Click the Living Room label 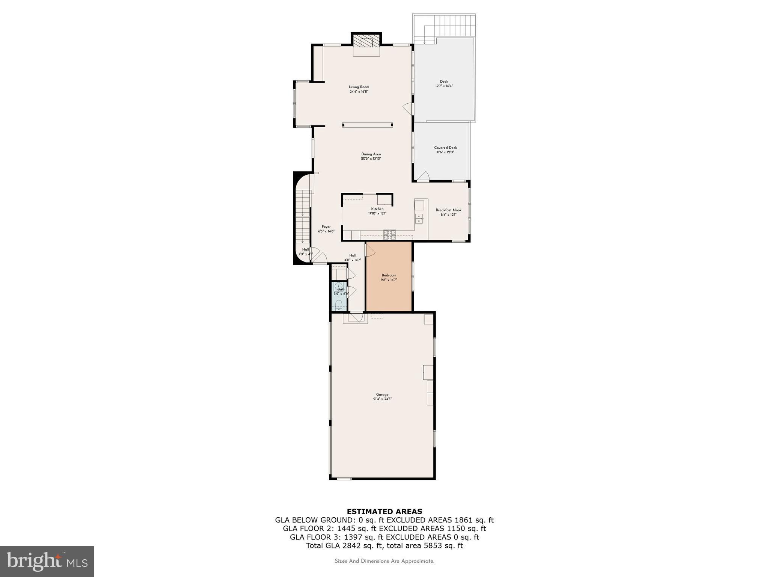[359, 87]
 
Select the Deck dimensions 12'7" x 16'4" [444, 86]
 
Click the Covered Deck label [445, 148]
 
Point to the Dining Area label [371, 154]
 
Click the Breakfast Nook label [448, 210]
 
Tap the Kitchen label [377, 209]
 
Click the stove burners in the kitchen [389, 235]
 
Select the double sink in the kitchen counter [419, 218]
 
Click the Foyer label [326, 227]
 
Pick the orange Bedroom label [389, 275]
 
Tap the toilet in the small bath [339, 304]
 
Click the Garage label [382, 394]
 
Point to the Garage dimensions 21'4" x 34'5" [382, 399]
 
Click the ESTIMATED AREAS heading [384, 511]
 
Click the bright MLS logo [47, 561]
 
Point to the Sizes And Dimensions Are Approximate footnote [384, 561]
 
